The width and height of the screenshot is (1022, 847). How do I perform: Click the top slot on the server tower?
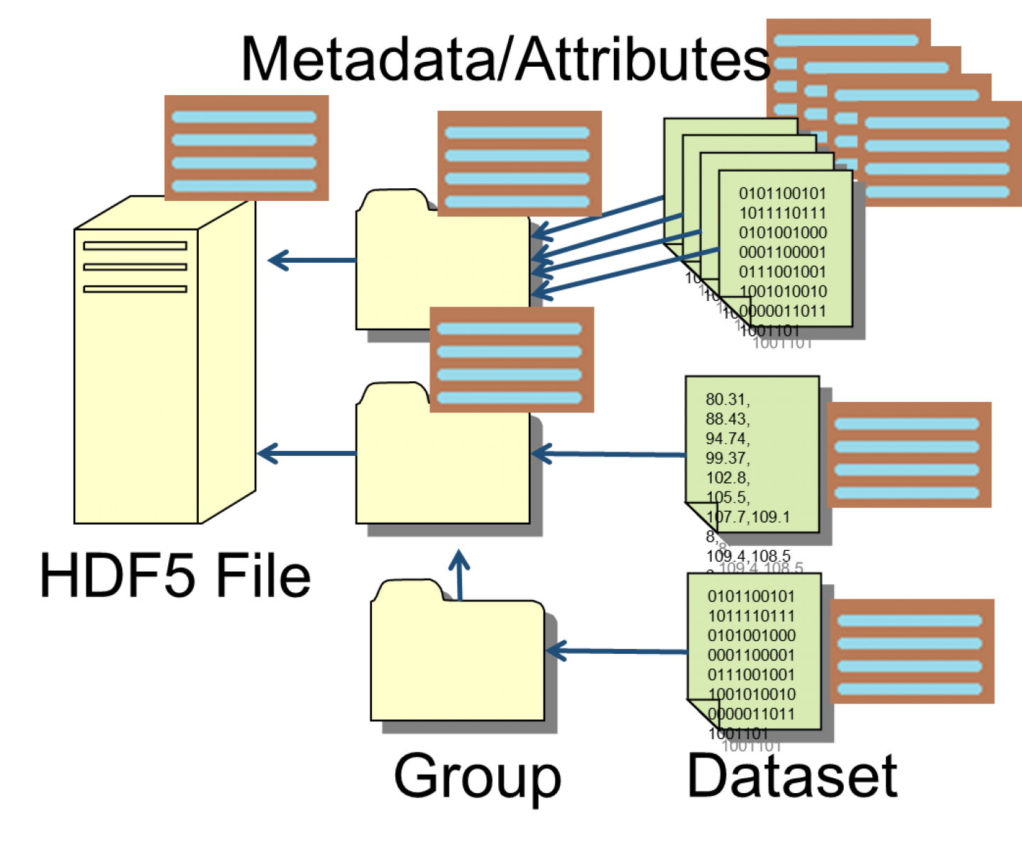(135, 246)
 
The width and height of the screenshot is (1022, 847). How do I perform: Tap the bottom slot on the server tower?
(135, 289)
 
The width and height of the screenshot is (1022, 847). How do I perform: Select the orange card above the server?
(246, 148)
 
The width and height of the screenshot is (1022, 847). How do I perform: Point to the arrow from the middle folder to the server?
(306, 454)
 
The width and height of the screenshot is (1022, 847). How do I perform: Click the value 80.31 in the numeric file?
(727, 400)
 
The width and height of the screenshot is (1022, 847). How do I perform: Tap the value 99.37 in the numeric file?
(727, 459)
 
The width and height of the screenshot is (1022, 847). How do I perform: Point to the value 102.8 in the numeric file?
(727, 478)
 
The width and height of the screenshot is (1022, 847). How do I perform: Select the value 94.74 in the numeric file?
(727, 439)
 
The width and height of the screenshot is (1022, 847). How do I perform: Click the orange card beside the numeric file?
(909, 455)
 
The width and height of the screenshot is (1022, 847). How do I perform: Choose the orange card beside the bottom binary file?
(912, 652)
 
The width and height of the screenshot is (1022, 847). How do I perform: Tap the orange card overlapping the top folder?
(520, 163)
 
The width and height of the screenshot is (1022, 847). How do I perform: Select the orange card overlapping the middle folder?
(512, 360)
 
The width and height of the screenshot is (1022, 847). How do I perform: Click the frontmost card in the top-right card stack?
(938, 155)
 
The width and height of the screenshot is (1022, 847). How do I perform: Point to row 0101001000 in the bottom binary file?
(752, 636)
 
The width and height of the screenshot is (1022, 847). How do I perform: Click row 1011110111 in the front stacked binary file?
(783, 213)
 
